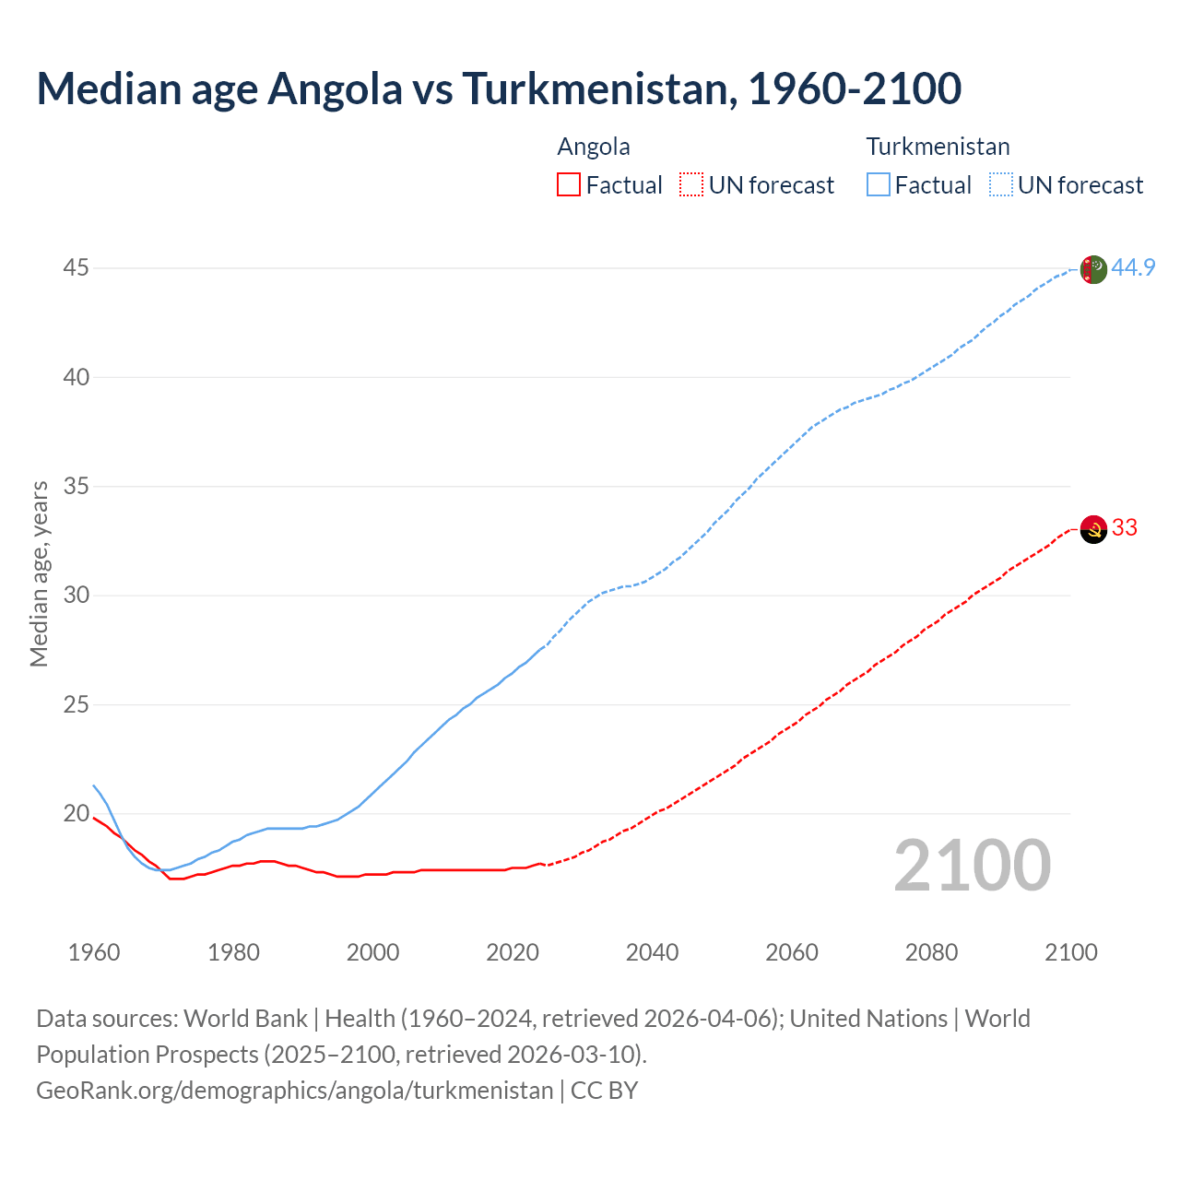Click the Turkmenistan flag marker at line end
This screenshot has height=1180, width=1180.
point(1093,269)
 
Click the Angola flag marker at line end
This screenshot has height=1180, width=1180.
point(1093,529)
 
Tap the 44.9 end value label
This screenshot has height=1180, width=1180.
point(1133,268)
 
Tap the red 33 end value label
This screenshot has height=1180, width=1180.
point(1125,528)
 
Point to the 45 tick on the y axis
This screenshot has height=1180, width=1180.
point(77,268)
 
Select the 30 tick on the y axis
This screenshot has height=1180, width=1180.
point(77,596)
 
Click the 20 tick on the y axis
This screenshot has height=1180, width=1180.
point(77,814)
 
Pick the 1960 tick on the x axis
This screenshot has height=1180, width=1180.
point(94,952)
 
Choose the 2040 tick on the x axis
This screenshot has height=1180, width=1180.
point(652,952)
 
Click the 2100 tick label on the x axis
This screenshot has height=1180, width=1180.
point(1071,952)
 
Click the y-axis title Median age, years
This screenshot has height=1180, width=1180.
point(39,573)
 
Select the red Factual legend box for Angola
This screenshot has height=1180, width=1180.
point(569,185)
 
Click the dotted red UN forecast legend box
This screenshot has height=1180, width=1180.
point(691,185)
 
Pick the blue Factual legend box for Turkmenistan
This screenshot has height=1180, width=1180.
point(878,185)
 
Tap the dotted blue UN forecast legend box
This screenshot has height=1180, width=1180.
point(1000,185)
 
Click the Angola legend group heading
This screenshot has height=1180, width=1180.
point(594,147)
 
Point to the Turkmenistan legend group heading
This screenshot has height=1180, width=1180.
point(938,147)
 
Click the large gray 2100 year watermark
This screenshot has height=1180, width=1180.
point(972,866)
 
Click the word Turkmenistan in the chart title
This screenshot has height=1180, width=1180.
point(599,88)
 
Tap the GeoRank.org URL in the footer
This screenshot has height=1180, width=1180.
point(294,1091)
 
